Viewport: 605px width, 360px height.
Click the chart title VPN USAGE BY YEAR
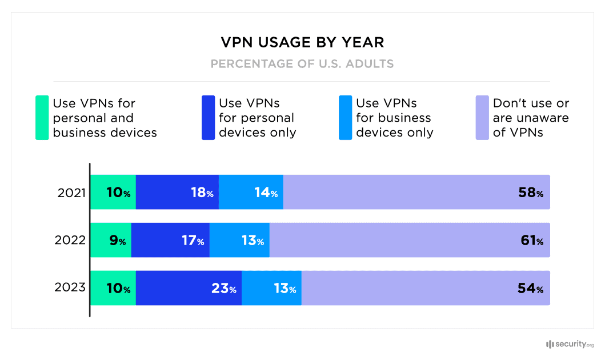coord(302,43)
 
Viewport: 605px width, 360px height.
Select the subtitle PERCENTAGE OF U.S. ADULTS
coord(302,63)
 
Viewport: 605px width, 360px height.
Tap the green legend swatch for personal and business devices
coord(42,118)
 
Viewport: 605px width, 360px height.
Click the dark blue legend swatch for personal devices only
coord(208,118)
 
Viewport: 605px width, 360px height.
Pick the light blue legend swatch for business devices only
coord(345,118)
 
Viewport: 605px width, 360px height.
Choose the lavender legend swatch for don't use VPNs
coord(482,118)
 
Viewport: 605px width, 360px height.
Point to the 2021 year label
coord(71,193)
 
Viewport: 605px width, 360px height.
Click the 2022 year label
coord(70,241)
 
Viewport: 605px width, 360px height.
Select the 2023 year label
coord(70,288)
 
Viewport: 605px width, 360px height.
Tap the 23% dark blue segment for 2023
coord(189,288)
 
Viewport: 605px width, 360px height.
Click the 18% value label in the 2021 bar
coord(202,193)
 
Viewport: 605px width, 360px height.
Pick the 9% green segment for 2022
coord(111,241)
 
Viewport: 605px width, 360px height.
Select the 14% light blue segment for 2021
coord(251,193)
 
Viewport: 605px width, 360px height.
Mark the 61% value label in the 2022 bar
coord(531,241)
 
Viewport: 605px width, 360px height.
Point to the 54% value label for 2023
coord(530,289)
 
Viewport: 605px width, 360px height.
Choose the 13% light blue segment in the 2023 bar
coord(271,288)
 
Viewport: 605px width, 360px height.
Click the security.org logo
coord(570,344)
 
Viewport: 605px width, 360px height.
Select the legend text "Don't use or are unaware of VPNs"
coord(531,118)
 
